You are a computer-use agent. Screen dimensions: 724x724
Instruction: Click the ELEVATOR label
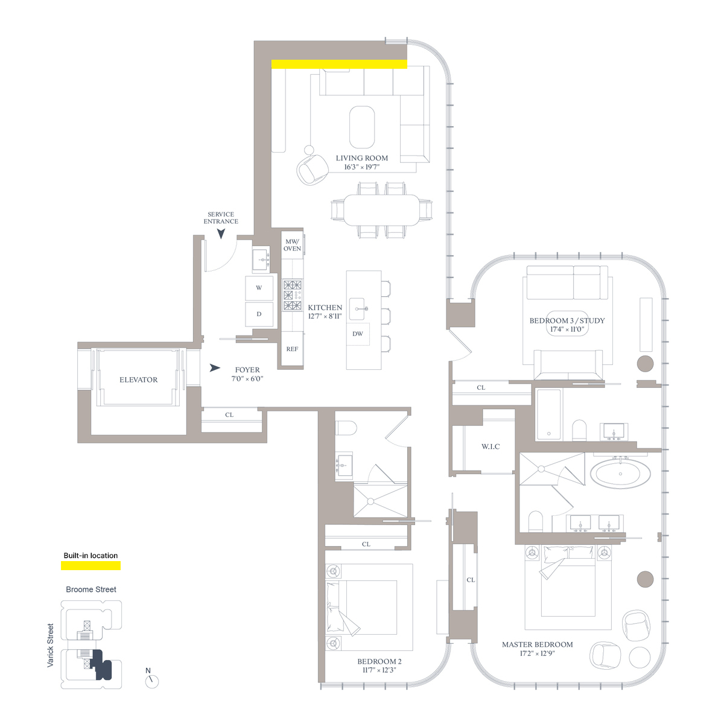pos(138,380)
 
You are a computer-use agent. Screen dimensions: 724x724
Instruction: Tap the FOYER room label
pos(247,370)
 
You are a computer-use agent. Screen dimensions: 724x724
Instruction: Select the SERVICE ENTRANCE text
pos(221,218)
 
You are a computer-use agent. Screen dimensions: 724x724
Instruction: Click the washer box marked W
pos(259,288)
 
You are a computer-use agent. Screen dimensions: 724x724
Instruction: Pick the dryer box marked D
pos(259,314)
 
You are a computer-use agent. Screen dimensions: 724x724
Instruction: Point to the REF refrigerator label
pos(292,349)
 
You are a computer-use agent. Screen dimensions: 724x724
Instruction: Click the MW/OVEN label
pos(292,245)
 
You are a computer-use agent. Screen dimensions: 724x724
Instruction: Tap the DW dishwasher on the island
pos(358,334)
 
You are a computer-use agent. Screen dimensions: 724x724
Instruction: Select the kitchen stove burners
pos(293,295)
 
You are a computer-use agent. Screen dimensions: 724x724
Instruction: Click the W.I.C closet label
pos(491,446)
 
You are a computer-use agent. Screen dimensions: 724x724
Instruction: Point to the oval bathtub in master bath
pos(620,474)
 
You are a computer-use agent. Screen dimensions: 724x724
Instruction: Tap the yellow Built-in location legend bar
pos(91,565)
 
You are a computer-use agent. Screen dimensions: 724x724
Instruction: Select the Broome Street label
pos(91,589)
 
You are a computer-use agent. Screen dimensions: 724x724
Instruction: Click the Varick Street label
pos(50,646)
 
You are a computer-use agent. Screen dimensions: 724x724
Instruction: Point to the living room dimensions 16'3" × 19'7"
pos(362,167)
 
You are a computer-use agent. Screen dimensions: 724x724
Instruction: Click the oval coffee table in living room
pos(362,127)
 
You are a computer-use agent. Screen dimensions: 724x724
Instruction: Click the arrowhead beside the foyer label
pos(215,368)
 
